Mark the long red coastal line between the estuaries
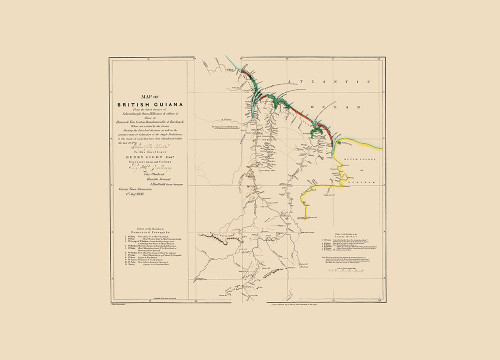coord(300,113)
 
